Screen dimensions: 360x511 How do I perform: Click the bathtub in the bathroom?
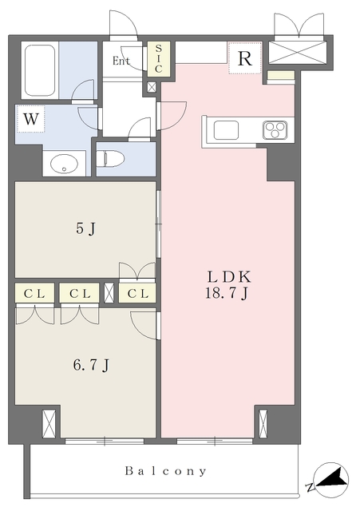coord(40,70)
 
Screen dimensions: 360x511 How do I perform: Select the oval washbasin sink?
coord(64,164)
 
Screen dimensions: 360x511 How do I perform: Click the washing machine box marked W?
coord(31,119)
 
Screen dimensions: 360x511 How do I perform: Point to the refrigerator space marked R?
coord(245,58)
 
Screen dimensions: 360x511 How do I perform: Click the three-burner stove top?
coord(275,130)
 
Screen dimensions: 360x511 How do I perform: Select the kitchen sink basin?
coord(226,130)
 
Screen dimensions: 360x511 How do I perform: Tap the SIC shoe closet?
coord(158,58)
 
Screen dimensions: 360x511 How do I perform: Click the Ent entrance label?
coord(121,61)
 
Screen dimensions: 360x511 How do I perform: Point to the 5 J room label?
coord(85,229)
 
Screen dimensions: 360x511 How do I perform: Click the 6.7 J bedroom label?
coord(91,365)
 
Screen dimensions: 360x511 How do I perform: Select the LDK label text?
coord(229,277)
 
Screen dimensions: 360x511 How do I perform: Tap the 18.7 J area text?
coord(227,293)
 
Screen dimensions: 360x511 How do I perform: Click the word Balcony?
coord(165,471)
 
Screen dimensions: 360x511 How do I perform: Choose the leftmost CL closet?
coord(34,294)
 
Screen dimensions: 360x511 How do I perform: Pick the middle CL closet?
coord(80,294)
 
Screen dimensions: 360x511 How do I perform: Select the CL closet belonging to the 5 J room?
coord(137,294)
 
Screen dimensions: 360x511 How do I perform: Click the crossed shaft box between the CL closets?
coord(109,293)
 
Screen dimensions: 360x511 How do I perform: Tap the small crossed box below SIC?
coord(152,87)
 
